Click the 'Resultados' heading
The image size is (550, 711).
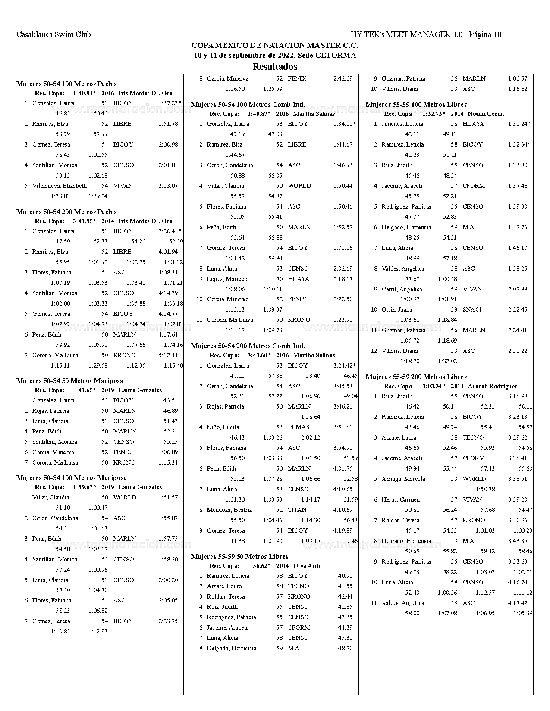(275, 67)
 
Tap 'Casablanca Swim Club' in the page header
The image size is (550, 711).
(53, 34)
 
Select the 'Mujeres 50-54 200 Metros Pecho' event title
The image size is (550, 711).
(66, 212)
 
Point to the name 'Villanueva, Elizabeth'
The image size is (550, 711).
(60, 186)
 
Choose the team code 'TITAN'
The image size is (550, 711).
(297, 510)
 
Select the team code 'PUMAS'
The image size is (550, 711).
(299, 427)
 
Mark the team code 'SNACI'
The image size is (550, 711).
(472, 310)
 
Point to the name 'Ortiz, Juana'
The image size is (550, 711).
(397, 310)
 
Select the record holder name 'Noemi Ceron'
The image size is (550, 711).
(486, 114)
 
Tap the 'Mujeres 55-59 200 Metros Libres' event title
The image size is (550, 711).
(416, 377)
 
